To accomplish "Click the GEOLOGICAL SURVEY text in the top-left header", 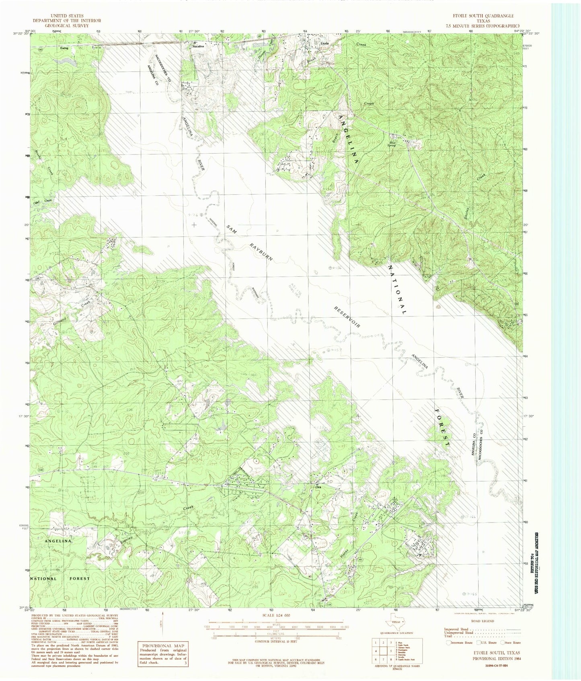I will point(67,25).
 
